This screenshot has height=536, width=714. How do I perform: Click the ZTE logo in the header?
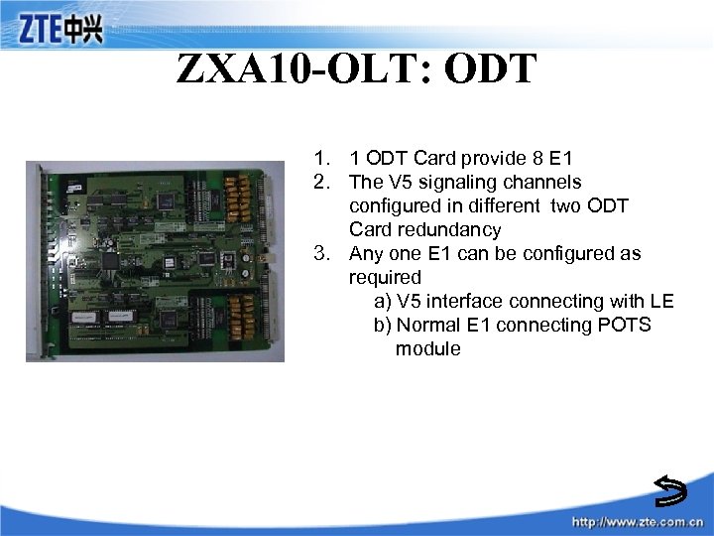(60, 30)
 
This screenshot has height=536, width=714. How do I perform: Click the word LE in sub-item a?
(661, 301)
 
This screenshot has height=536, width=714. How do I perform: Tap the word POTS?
(625, 325)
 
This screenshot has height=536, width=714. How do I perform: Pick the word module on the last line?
(427, 348)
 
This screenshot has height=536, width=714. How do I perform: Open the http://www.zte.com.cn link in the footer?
(636, 522)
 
